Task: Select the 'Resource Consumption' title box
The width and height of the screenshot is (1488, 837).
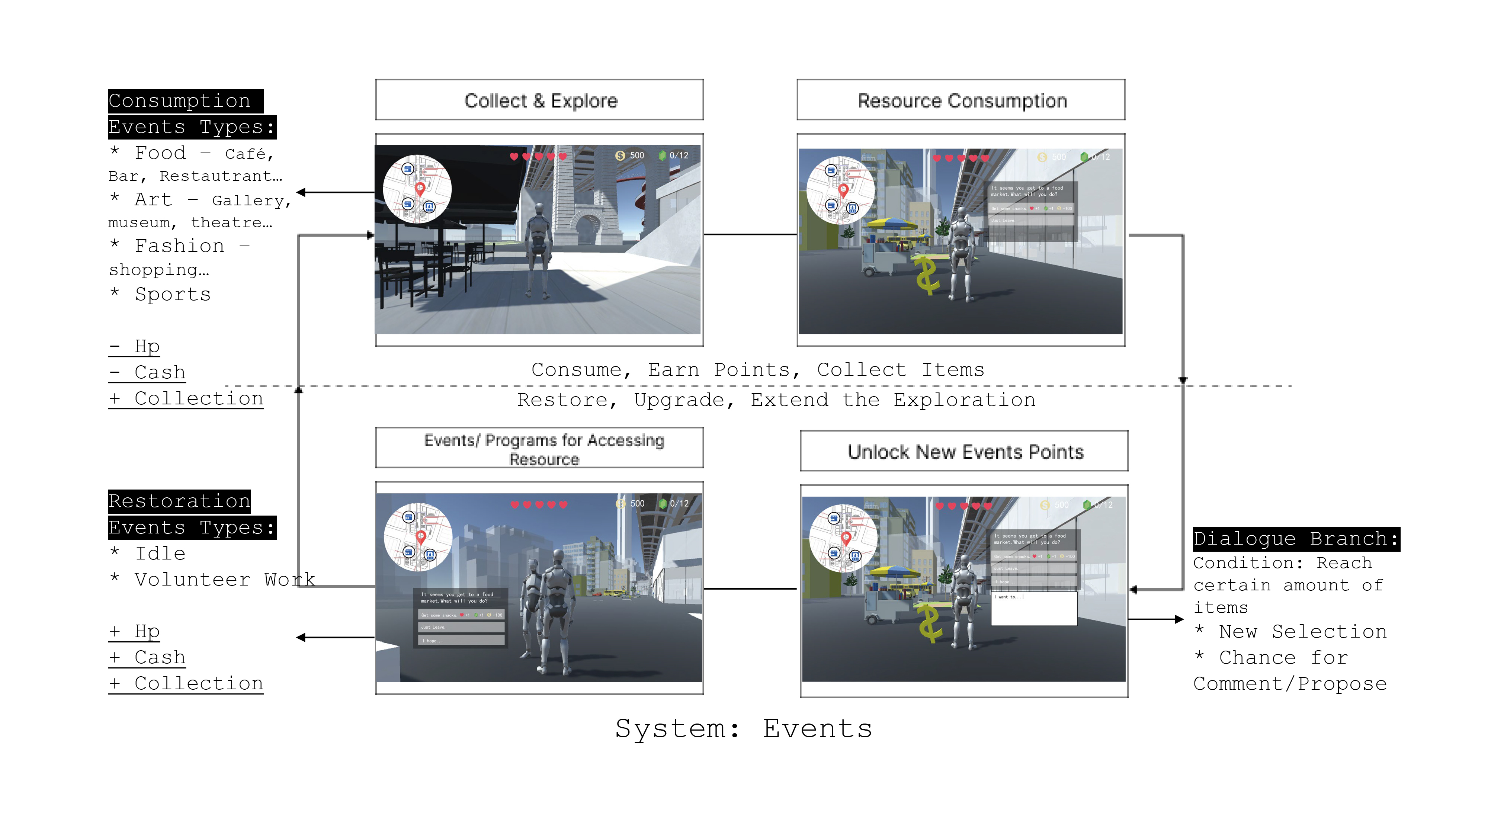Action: tap(961, 100)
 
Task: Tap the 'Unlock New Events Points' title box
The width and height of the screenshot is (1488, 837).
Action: tap(965, 452)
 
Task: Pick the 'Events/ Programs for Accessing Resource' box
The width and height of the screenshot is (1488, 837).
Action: tap(539, 449)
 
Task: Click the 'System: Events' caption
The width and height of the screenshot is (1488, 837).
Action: tap(743, 728)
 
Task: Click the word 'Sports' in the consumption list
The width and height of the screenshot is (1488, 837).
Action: tap(173, 295)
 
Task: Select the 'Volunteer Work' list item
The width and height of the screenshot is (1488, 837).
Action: tap(225, 579)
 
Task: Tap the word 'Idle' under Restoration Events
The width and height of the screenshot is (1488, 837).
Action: tap(160, 554)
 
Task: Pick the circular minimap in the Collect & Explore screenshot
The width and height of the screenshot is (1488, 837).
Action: tap(417, 189)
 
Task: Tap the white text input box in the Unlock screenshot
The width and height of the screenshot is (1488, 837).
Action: tap(1034, 608)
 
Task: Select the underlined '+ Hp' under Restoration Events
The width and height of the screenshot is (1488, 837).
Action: tap(135, 631)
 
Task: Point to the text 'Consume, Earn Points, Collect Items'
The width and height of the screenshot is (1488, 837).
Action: tap(757, 370)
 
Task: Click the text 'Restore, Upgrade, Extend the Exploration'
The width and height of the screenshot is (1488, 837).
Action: tap(776, 400)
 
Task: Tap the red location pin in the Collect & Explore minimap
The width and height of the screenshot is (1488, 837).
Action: tap(420, 188)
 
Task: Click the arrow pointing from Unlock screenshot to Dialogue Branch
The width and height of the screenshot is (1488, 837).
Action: tap(1155, 619)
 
